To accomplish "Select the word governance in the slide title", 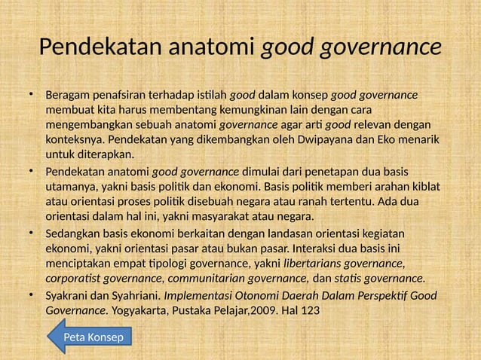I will tap(381, 47).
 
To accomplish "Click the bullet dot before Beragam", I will tap(32, 95).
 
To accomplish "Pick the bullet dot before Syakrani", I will tap(32, 294).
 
